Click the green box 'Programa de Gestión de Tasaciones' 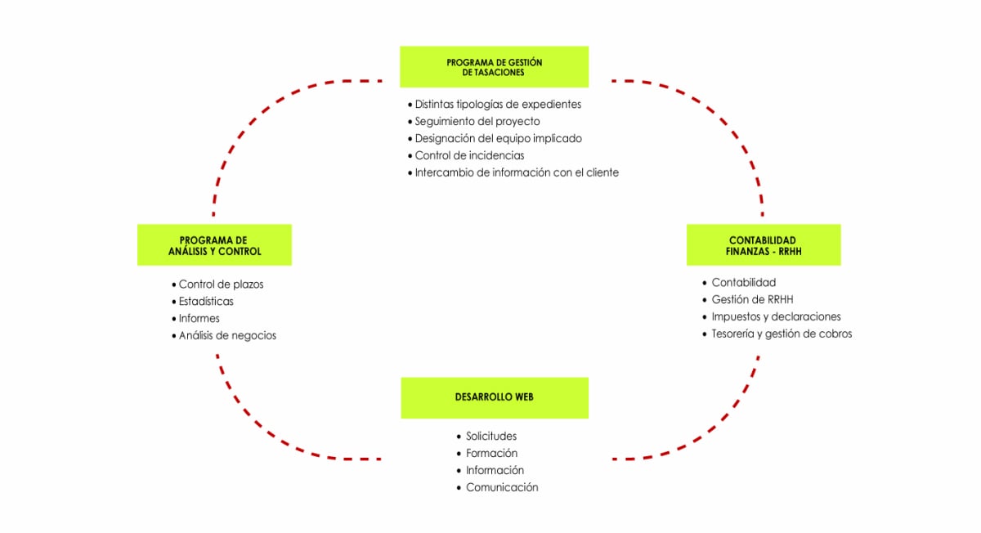coord(494,67)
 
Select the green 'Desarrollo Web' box coord(494,397)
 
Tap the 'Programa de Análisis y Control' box coord(214,245)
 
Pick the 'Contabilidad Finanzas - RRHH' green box coord(763,245)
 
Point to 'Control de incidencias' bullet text coord(469,155)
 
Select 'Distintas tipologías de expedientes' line coord(498,105)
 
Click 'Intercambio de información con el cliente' coord(517,172)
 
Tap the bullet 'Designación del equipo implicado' coord(498,139)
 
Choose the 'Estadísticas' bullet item coord(206,302)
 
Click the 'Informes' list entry coord(199,319)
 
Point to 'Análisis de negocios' coord(227,336)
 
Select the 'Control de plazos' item coord(221,284)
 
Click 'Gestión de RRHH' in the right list coord(752,300)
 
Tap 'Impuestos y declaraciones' coord(776,317)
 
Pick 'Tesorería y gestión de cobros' coord(782,334)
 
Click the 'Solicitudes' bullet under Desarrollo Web coord(491,437)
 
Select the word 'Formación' coord(491,454)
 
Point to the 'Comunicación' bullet coord(502,488)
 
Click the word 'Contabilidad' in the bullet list coord(743,283)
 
